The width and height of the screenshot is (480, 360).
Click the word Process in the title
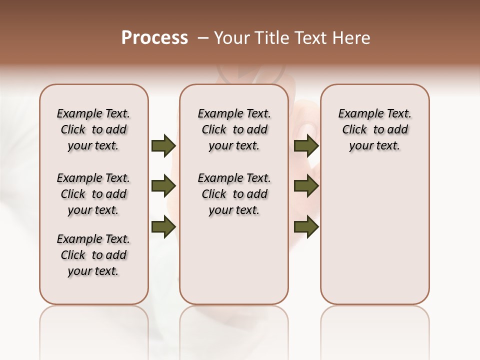pos(154,38)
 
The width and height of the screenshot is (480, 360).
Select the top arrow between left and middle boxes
pos(163,146)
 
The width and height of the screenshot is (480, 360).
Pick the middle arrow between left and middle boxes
pos(163,186)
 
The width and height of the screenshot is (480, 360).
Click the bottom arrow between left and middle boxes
pos(163,227)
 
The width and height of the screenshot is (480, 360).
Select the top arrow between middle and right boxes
pos(306,146)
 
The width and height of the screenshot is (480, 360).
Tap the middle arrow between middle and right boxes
pos(306,186)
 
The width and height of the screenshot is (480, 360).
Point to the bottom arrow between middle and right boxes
pos(306,227)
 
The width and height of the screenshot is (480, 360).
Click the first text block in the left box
pos(93,129)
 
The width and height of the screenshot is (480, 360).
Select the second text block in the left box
pos(93,194)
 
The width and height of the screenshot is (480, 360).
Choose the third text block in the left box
pos(93,255)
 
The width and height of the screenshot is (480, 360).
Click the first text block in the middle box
pos(234,129)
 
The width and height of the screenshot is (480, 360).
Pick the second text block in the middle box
pos(234,194)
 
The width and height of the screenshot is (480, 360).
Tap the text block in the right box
pos(374,129)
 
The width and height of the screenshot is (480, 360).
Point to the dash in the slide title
pos(203,38)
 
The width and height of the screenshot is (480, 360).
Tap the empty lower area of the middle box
pos(234,265)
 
